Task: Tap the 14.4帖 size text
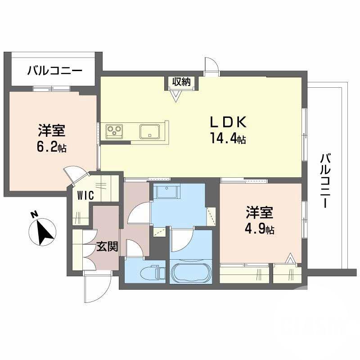click(x=227, y=139)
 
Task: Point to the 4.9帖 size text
click(x=260, y=229)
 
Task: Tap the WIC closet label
click(x=85, y=196)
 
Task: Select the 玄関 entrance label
click(x=107, y=247)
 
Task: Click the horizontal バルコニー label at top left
click(x=54, y=71)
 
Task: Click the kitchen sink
click(x=148, y=131)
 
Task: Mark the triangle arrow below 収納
click(x=175, y=95)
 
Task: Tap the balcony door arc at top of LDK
click(x=211, y=67)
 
